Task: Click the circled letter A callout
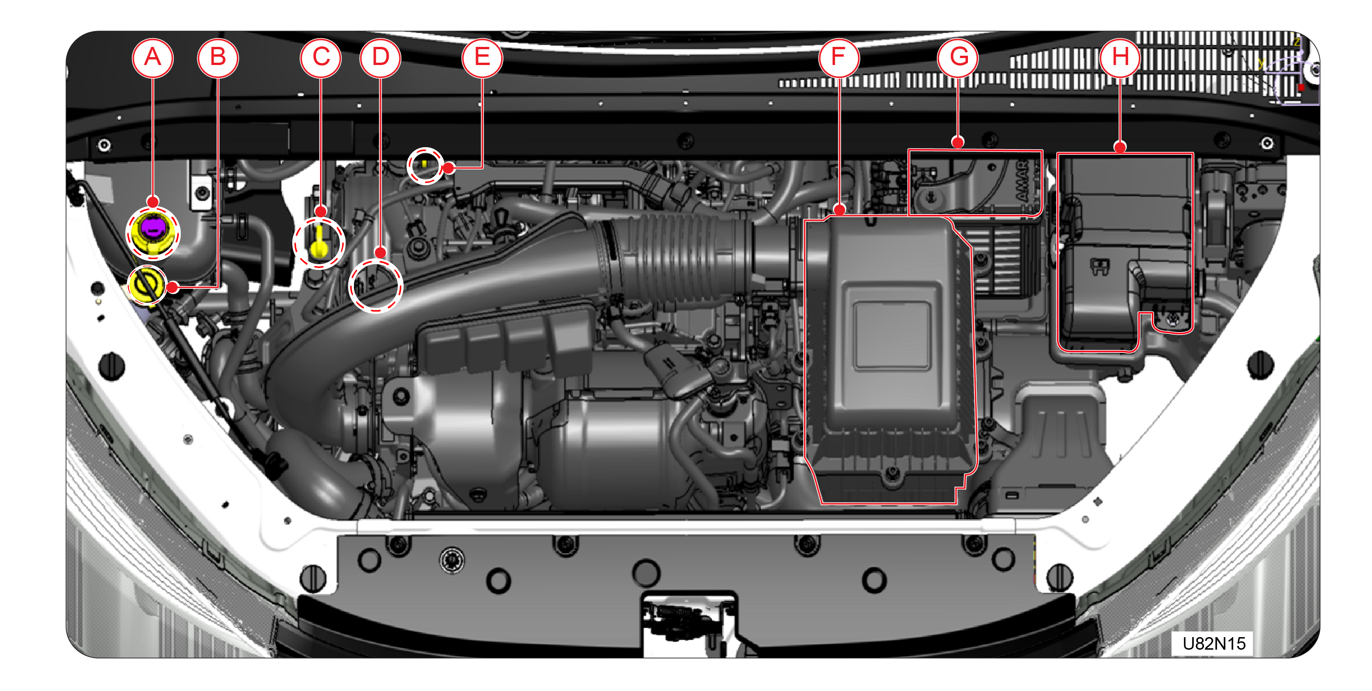click(x=153, y=58)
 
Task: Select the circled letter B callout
click(x=218, y=58)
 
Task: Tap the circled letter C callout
click(x=320, y=58)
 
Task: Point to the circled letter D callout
click(x=380, y=58)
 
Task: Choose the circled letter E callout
click(x=482, y=58)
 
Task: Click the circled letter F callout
click(x=839, y=58)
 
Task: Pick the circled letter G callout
click(x=958, y=58)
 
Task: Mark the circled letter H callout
click(x=1120, y=58)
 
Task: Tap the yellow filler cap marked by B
click(x=145, y=285)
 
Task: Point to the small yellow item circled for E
click(x=424, y=163)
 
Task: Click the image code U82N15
click(x=1214, y=644)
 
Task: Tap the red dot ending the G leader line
click(x=958, y=142)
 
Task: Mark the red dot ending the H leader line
click(x=1120, y=146)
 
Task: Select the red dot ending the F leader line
click(x=839, y=210)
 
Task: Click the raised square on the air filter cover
click(x=892, y=335)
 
